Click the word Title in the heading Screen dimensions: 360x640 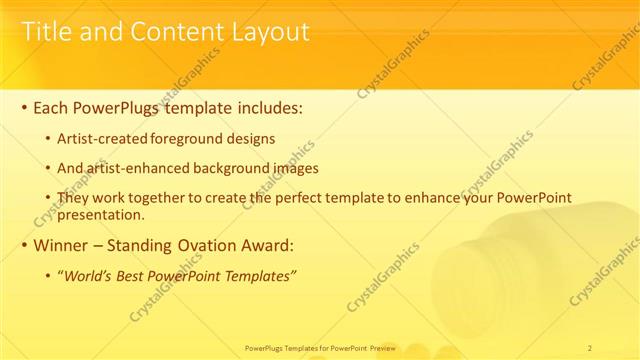46,32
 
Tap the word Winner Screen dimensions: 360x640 61,245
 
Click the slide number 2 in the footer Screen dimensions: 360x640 590,347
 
